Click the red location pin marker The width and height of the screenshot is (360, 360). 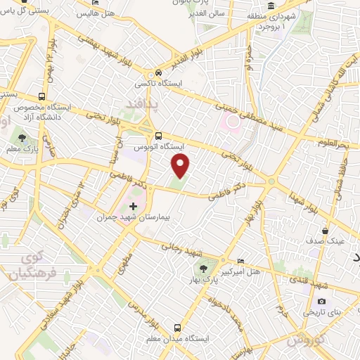point(181,165)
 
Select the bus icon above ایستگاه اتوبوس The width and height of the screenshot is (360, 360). point(158,136)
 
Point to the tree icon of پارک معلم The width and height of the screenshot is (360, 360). point(22,138)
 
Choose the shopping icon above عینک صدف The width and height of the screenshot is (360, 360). point(325,230)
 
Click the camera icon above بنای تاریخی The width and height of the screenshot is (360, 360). point(321,301)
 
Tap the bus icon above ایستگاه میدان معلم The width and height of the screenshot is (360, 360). point(176,328)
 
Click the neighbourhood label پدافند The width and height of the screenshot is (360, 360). point(139,105)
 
